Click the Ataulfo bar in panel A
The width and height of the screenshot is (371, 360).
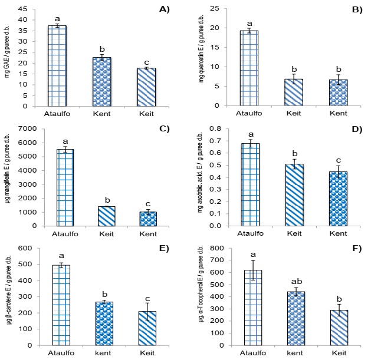point(57,66)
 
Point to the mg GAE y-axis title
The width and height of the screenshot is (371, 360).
point(8,57)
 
